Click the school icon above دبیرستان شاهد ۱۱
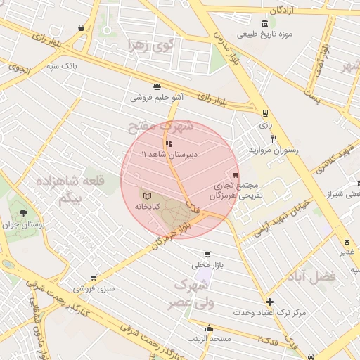[x=169, y=143]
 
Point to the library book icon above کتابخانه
[x=147, y=195]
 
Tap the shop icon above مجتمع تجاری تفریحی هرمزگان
[x=235, y=175]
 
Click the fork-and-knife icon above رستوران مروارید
[x=274, y=139]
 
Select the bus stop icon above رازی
[x=265, y=112]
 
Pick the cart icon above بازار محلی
[x=207, y=255]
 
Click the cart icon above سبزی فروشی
[x=94, y=278]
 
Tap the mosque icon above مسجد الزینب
[x=209, y=328]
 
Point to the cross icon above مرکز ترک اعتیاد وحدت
[x=269, y=302]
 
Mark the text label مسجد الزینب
[x=209, y=339]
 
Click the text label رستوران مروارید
[x=274, y=150]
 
